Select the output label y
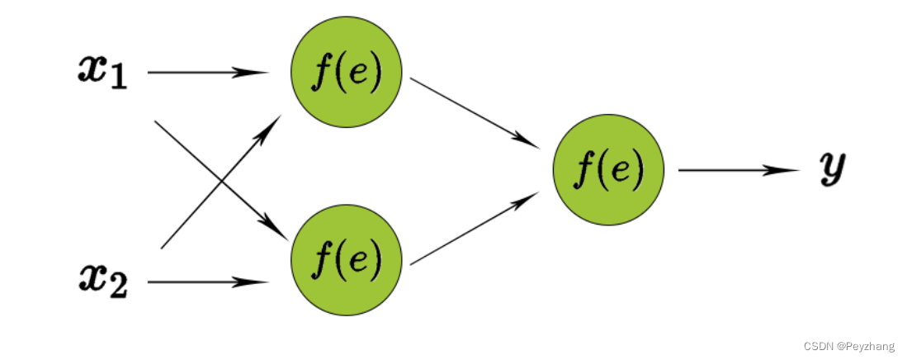832,168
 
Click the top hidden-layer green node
347,72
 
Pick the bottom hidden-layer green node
347,261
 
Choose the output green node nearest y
608,168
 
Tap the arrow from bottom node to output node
475,228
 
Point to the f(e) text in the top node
347,74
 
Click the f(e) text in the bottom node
347,261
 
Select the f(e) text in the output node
608,170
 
